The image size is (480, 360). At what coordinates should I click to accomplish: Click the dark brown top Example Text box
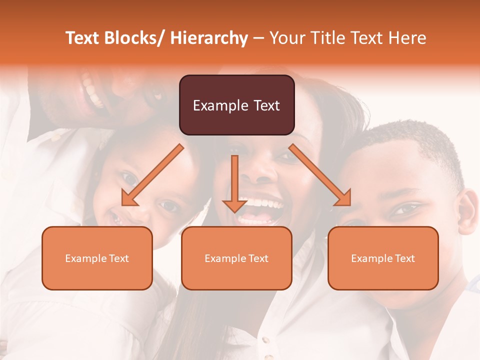(x=236, y=105)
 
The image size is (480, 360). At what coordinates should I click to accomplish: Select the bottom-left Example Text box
(x=97, y=258)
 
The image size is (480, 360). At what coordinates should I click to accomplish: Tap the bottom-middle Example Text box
(x=236, y=258)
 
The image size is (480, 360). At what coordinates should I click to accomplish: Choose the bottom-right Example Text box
(x=383, y=258)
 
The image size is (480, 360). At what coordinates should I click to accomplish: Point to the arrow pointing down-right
(x=320, y=175)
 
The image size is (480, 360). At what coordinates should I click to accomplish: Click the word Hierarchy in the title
(x=209, y=38)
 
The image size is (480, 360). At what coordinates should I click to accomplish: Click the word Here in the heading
(x=407, y=38)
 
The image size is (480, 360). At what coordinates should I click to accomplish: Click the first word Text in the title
(x=83, y=38)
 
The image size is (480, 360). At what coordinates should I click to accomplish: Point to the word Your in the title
(x=287, y=38)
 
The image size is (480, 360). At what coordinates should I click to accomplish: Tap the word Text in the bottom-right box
(x=405, y=258)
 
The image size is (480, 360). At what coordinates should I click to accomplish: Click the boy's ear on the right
(x=468, y=212)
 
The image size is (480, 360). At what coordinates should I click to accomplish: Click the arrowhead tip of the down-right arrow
(x=350, y=205)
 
